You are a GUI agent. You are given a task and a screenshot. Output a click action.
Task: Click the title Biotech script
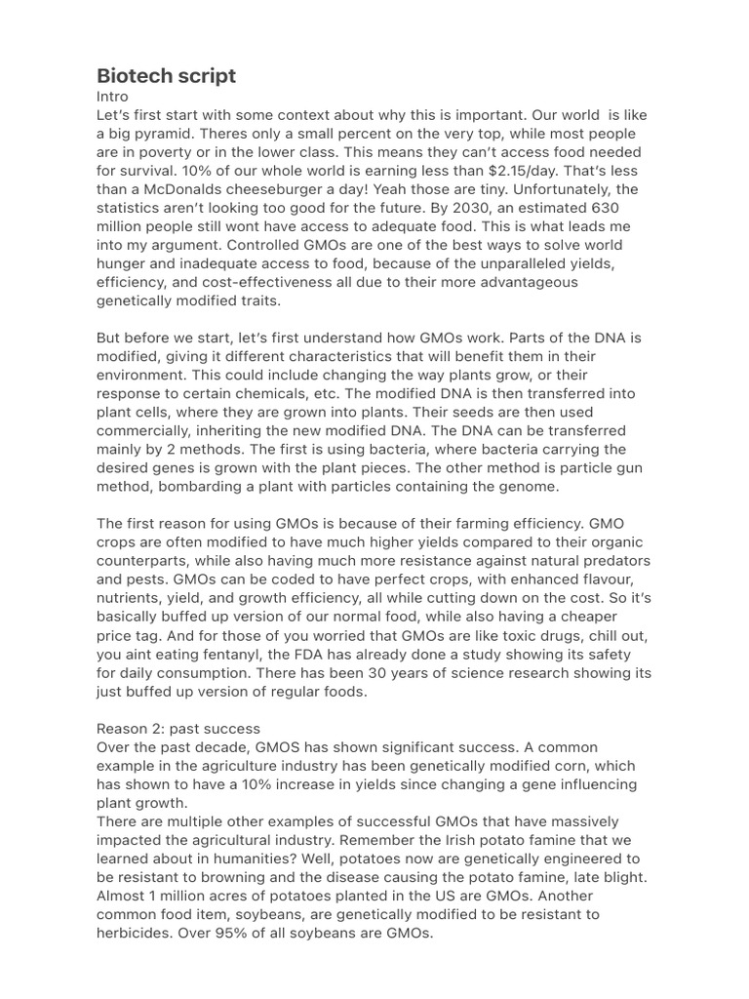[x=166, y=76]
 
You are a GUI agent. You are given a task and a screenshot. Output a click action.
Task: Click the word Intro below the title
[x=112, y=97]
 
